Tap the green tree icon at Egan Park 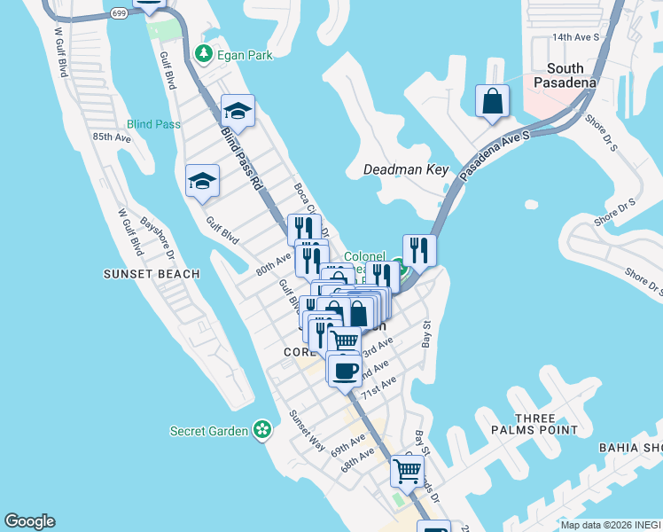point(204,54)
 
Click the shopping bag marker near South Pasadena point(492,101)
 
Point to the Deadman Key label point(407,169)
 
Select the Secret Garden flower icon point(261,431)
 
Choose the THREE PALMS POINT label point(524,425)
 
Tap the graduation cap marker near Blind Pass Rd point(238,111)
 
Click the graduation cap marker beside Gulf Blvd point(202,181)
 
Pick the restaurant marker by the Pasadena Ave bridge point(419,250)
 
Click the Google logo point(29,521)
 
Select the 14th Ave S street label point(576,37)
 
